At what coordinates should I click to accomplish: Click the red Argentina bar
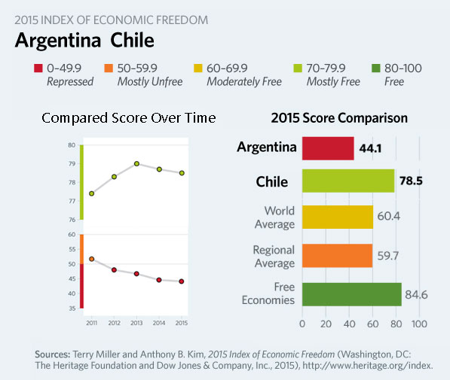328,148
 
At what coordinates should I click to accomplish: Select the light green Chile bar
348,181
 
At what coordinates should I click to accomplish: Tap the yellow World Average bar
337,217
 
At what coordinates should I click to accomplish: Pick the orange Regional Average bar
337,256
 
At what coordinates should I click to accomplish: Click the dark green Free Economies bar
351,294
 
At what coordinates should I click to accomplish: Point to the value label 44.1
369,149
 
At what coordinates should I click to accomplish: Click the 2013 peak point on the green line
136,163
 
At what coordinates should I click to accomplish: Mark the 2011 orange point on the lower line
91,259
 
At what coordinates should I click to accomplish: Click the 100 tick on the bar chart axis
419,324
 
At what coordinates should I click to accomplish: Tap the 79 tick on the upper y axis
72,163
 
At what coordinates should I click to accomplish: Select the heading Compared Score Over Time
128,118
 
